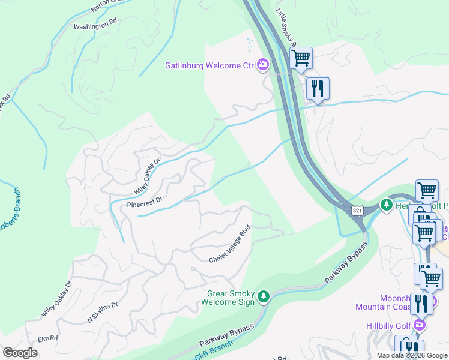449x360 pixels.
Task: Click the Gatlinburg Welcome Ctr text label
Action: [x=209, y=65]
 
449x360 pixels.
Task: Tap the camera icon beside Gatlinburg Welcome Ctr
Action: [x=262, y=64]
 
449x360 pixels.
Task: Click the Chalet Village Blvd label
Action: [x=229, y=244]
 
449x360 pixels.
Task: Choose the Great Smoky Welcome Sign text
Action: [x=231, y=298]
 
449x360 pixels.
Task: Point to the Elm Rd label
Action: [x=47, y=339]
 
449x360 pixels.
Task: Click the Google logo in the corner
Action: [x=20, y=352]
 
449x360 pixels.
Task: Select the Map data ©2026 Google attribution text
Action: [x=412, y=355]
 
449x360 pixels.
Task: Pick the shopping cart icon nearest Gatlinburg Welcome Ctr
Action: [x=300, y=58]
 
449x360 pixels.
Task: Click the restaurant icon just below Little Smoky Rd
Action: [x=316, y=88]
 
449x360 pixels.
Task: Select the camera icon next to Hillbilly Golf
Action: [x=419, y=325]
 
